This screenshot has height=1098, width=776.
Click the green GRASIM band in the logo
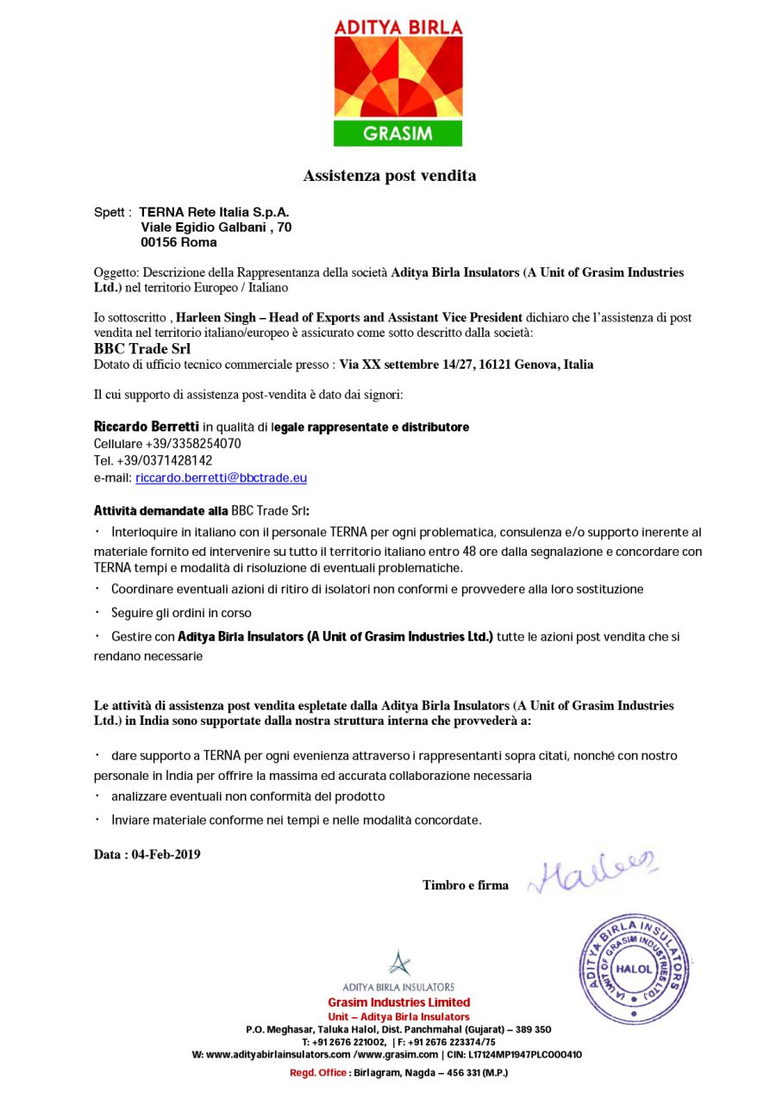[x=397, y=134]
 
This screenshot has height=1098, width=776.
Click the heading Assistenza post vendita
[x=389, y=176]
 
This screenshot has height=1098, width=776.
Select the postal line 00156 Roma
[x=178, y=242]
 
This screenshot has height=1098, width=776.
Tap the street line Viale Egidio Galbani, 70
[x=216, y=227]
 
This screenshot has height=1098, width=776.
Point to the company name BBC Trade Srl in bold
[x=141, y=349]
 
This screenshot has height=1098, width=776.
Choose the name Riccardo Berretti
[x=146, y=427]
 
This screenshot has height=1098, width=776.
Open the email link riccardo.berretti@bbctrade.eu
[x=221, y=477]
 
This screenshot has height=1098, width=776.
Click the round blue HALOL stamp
[x=634, y=968]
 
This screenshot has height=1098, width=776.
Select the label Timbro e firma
[x=465, y=885]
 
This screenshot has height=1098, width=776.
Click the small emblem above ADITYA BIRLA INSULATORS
[x=398, y=963]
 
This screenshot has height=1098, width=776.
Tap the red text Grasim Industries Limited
[x=398, y=1002]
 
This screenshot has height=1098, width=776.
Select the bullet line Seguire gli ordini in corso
[x=181, y=613]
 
